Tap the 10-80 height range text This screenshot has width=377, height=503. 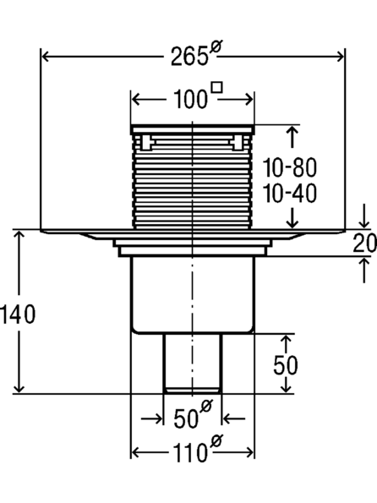pyautogui.click(x=290, y=167)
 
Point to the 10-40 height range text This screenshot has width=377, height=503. pyautogui.click(x=290, y=194)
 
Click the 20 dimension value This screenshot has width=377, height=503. pyautogui.click(x=365, y=243)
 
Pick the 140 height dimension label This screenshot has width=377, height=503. pyautogui.click(x=18, y=314)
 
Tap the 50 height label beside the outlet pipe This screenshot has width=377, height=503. pyautogui.click(x=286, y=365)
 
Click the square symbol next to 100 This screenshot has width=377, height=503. pyautogui.click(x=217, y=88)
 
